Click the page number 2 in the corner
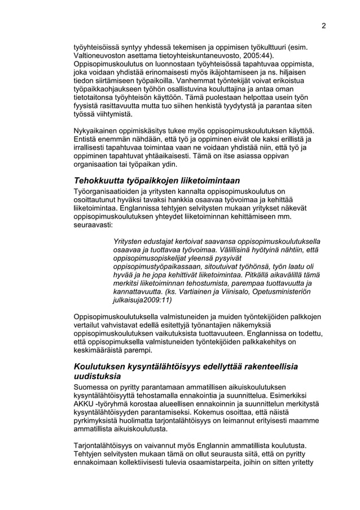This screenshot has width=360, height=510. click(x=324, y=25)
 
